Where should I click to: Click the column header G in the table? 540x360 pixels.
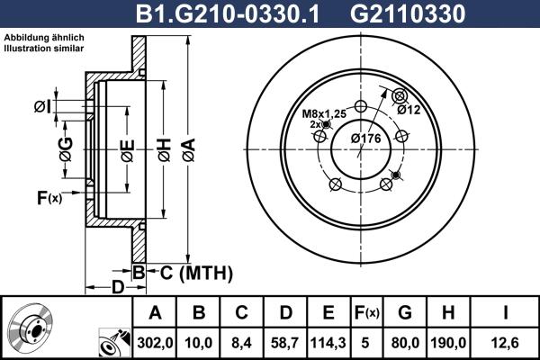point(405,312)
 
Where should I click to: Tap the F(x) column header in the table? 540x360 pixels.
point(366,312)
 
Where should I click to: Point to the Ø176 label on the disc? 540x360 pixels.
point(364,138)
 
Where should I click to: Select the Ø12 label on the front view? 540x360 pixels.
point(409,110)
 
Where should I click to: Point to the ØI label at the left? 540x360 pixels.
point(41,108)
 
